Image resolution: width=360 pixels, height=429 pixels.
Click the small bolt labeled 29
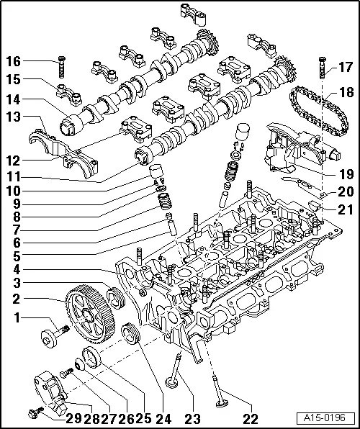click(x=32, y=412)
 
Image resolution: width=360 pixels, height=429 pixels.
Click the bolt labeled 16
click(x=60, y=64)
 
